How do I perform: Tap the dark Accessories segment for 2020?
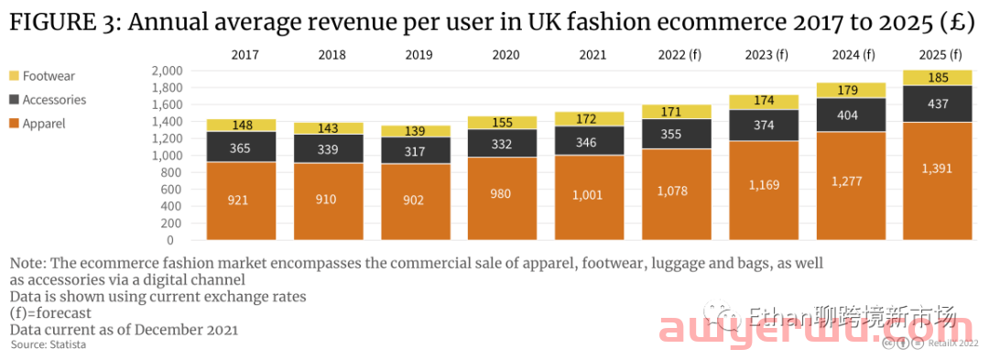click(x=502, y=143)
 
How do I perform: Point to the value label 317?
click(x=415, y=151)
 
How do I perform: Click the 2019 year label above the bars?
click(x=418, y=55)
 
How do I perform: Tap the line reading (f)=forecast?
click(x=50, y=313)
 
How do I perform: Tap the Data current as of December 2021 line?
click(x=124, y=330)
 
